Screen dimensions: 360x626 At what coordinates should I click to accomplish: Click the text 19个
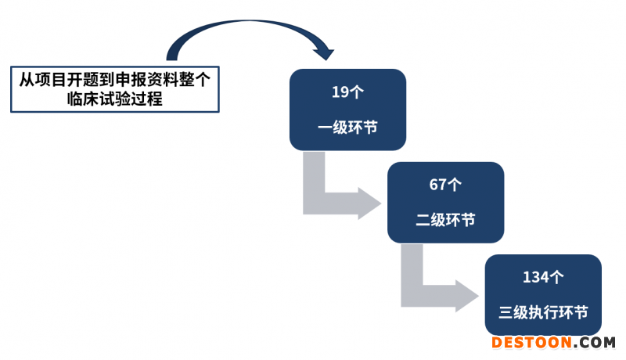(347, 92)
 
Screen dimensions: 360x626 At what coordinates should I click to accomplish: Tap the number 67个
(445, 185)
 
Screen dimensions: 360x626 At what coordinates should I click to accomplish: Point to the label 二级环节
(445, 220)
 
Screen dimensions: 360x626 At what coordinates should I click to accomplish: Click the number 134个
(543, 277)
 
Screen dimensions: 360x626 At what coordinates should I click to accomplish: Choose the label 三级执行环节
(543, 312)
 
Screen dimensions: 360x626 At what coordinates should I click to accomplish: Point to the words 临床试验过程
(114, 99)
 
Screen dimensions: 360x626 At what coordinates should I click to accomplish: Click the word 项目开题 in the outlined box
(62, 80)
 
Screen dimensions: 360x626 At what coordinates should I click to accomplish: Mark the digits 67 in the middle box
(438, 185)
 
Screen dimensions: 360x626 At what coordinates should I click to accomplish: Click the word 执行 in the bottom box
(543, 312)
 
